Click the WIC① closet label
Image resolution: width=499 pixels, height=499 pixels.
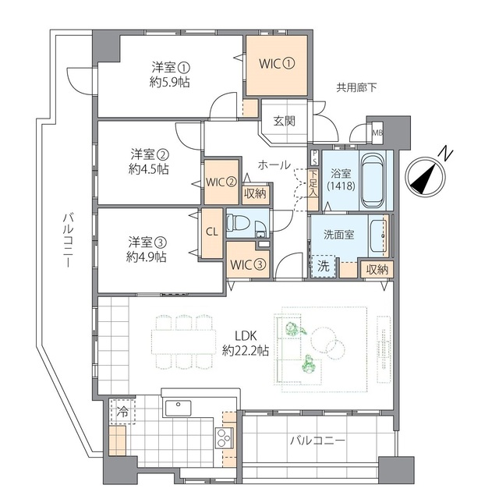277,64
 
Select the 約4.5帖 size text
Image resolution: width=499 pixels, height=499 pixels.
149,169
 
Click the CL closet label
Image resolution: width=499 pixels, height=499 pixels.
212,232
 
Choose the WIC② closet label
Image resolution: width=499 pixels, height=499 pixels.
221,182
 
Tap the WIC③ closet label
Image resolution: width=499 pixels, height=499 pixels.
248,265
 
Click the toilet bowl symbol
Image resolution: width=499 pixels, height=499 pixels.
237,222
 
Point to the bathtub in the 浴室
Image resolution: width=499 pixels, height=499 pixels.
373,180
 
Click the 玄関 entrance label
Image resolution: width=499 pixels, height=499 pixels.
284,121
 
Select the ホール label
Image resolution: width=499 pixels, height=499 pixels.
274,165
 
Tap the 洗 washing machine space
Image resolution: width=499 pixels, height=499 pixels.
323,266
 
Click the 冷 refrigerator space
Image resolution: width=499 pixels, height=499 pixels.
122,412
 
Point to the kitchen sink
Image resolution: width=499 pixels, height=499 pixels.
178,409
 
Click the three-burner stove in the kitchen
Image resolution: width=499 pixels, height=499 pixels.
224,438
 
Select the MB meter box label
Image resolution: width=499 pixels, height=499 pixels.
377,133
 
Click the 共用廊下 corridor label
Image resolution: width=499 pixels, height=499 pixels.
356,87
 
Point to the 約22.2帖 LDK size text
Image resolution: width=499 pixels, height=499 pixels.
246,350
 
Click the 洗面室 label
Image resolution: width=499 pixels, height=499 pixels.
338,235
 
